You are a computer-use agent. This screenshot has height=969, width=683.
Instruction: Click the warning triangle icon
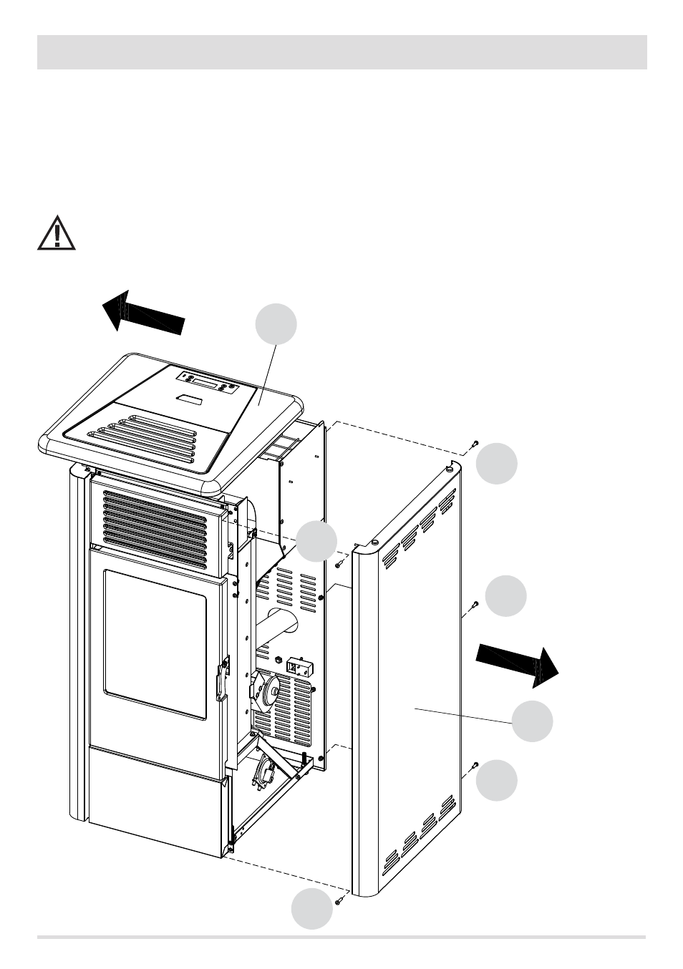[57, 231]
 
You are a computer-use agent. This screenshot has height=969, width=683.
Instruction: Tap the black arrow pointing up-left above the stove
[143, 313]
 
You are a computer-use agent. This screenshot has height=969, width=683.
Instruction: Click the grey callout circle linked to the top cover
[277, 324]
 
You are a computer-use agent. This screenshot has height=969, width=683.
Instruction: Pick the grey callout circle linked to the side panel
[533, 721]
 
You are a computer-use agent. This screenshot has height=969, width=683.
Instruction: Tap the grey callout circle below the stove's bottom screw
[313, 909]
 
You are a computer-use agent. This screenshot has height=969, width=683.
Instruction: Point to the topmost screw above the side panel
[474, 445]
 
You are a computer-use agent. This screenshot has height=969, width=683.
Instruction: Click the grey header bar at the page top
[341, 52]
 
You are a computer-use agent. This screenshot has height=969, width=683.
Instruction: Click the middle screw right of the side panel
[473, 606]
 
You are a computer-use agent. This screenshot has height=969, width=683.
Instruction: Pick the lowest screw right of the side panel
[473, 766]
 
